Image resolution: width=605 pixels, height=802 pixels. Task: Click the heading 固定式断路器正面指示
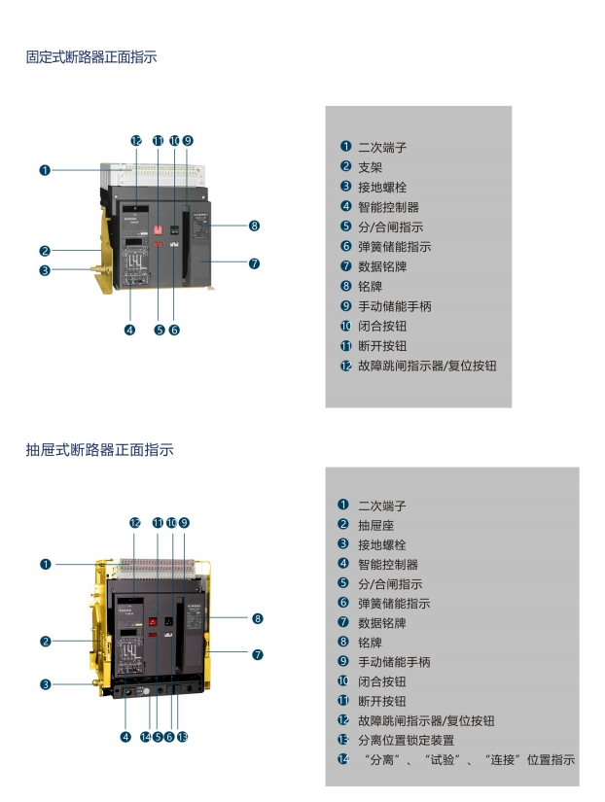[x=90, y=57]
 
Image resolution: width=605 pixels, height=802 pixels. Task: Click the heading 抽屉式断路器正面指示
[x=99, y=450]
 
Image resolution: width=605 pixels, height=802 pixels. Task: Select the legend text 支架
[x=370, y=167]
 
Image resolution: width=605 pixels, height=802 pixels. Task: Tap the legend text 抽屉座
[x=375, y=525]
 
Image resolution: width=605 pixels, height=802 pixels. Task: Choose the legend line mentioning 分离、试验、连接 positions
[x=466, y=759]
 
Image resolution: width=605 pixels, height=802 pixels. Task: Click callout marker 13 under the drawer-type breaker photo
[x=183, y=736]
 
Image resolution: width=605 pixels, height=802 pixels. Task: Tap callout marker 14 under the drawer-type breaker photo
[x=145, y=736]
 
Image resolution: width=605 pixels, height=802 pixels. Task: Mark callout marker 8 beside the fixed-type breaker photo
[x=254, y=226]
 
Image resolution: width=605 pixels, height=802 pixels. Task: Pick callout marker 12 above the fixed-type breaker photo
[x=136, y=140]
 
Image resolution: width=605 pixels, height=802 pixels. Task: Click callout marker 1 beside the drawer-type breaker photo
[x=45, y=564]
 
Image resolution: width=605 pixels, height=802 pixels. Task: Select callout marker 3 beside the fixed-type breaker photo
[x=45, y=270]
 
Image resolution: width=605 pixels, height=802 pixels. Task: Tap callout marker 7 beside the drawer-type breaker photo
[x=258, y=654]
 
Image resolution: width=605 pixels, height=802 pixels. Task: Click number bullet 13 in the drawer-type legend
[x=343, y=740]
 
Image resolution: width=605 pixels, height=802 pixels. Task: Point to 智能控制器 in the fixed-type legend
[x=388, y=207]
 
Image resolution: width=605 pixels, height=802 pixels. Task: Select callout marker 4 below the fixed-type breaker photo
[x=129, y=330]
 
